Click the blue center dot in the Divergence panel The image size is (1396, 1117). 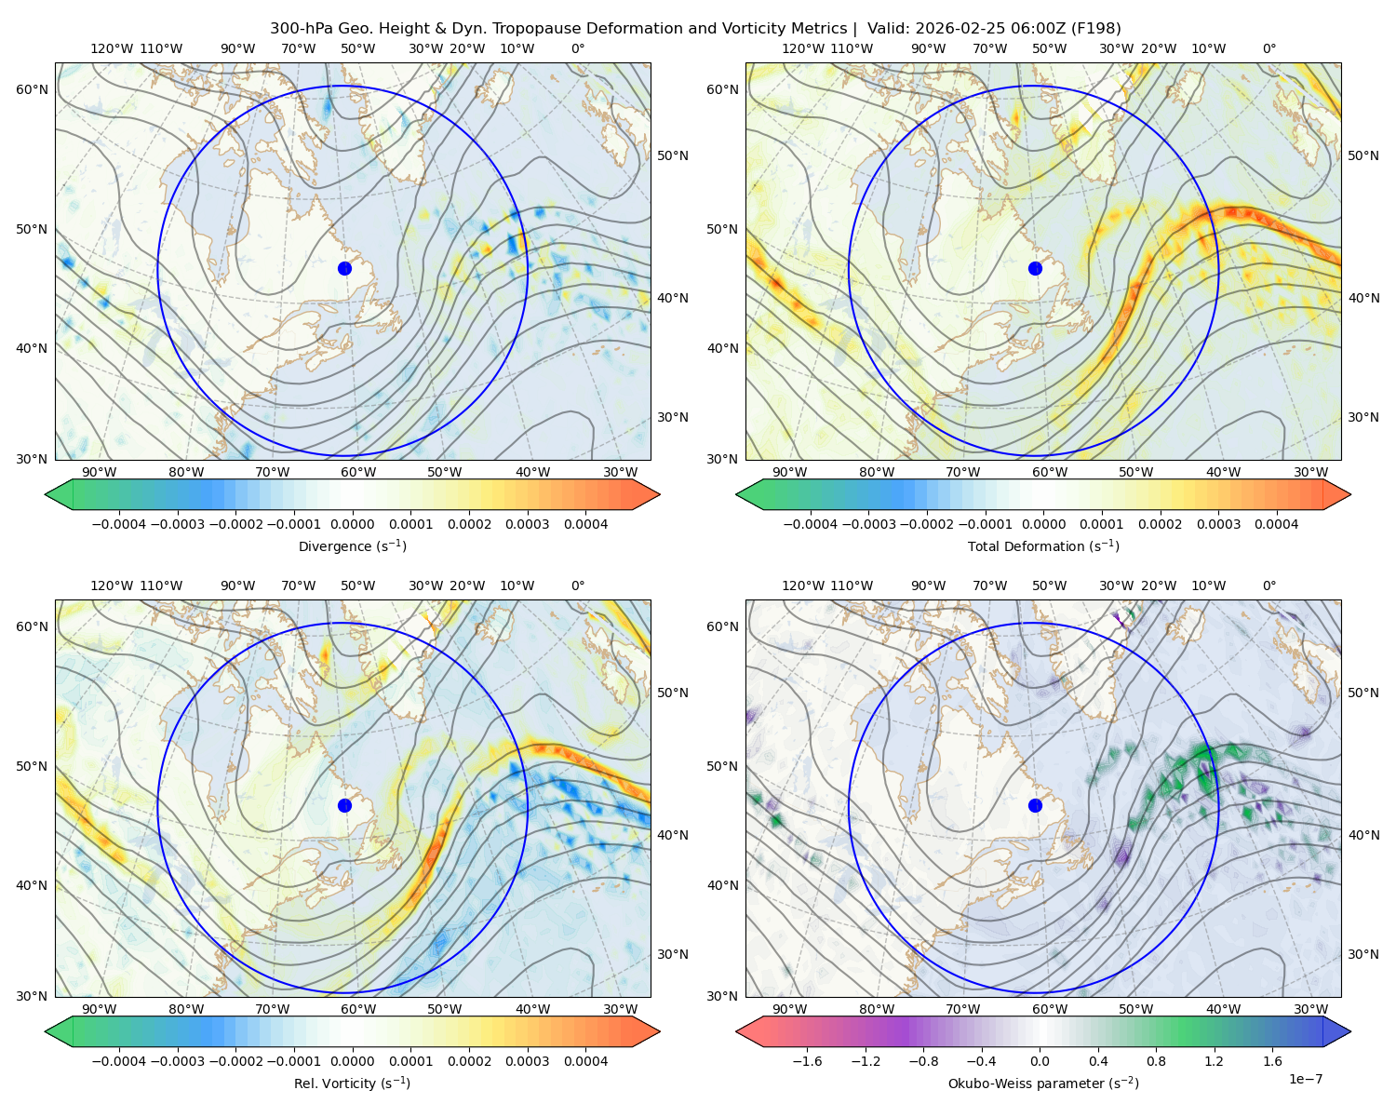(344, 268)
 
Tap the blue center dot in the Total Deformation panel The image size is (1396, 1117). (1035, 268)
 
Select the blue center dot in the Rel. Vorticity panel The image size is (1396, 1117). (344, 805)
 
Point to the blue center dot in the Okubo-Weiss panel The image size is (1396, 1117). (1035, 805)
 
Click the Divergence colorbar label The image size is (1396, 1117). (352, 545)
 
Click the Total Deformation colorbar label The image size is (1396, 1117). (1043, 545)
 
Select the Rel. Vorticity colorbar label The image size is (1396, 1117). (352, 1083)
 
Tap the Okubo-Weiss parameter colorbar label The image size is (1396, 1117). (1043, 1083)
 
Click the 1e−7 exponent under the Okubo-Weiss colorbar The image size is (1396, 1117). (1305, 1079)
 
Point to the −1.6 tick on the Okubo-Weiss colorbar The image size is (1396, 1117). (807, 1060)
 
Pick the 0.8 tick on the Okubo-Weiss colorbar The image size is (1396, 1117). (1156, 1060)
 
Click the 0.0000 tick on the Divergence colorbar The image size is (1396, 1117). (352, 524)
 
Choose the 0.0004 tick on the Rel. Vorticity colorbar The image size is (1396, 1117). (585, 1060)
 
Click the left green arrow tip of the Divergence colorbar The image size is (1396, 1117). (46, 494)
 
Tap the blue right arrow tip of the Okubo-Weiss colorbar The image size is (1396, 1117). (1350, 1031)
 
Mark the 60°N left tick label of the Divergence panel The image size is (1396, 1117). (32, 89)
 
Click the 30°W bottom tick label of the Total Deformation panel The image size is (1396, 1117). (1311, 472)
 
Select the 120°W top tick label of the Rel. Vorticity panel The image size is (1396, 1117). (112, 585)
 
